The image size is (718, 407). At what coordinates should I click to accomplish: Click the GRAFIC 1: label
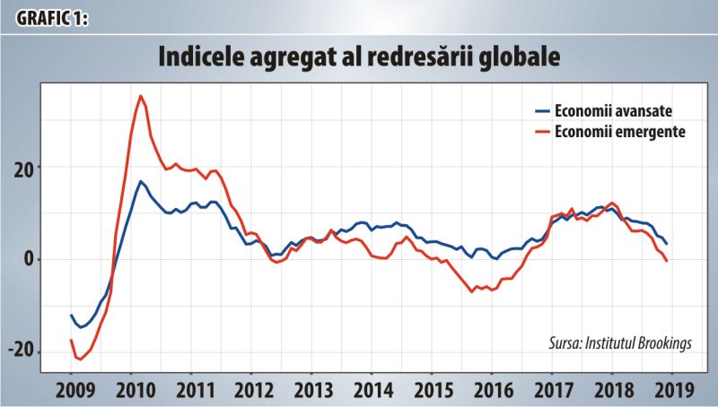(x=52, y=18)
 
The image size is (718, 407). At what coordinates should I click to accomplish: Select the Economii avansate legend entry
(x=604, y=110)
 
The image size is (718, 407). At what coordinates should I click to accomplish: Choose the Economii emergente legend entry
(x=611, y=132)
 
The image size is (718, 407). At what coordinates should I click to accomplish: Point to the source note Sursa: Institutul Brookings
(x=620, y=342)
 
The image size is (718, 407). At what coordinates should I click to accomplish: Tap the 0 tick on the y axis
(x=30, y=259)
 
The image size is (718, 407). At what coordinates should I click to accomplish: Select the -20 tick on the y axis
(x=22, y=351)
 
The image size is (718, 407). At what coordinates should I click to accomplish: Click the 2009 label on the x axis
(x=75, y=391)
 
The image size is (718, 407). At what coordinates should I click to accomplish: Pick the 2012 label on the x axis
(x=254, y=391)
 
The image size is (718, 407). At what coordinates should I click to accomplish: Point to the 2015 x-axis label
(x=433, y=391)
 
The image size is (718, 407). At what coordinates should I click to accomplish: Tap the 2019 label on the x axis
(x=675, y=391)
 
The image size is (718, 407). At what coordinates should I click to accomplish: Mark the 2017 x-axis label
(x=554, y=391)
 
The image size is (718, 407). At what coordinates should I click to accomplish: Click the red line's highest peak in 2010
(x=141, y=96)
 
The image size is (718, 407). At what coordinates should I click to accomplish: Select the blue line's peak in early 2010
(x=140, y=182)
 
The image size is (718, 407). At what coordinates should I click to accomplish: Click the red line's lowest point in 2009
(x=81, y=359)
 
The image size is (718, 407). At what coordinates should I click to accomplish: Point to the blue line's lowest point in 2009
(x=81, y=327)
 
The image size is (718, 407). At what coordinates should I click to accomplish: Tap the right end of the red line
(x=666, y=261)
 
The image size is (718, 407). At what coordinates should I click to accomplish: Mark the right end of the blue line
(x=666, y=244)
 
